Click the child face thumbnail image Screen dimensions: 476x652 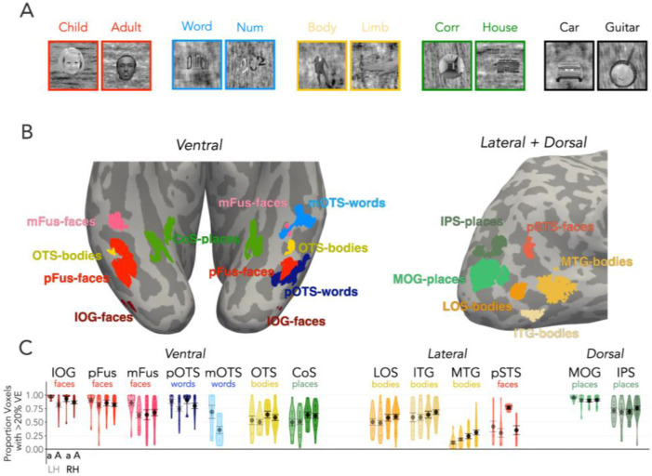[73, 66]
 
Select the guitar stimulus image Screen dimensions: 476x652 [619, 66]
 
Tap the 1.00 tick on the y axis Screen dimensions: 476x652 [34, 396]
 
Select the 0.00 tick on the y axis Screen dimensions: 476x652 [34, 449]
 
